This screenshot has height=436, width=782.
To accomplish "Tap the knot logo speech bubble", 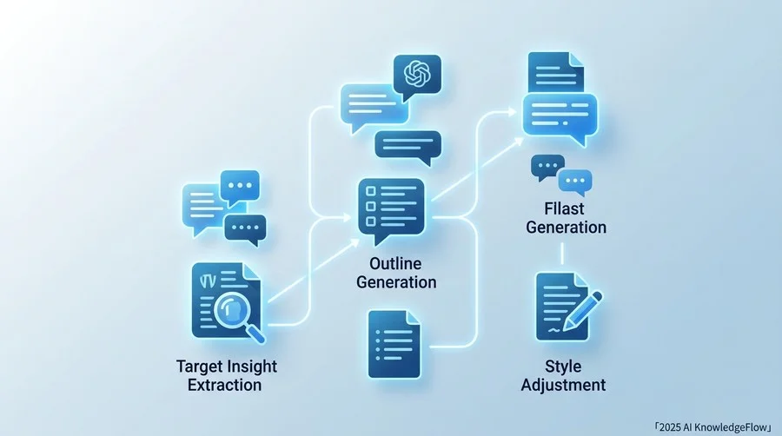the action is [417, 76].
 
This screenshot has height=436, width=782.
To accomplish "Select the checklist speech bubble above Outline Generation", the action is [392, 209].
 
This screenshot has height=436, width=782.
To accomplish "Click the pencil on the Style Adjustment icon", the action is [582, 311].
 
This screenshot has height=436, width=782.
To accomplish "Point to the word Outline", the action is [395, 263].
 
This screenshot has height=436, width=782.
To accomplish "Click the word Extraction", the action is [224, 385].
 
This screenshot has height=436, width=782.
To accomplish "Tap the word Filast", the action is [564, 208].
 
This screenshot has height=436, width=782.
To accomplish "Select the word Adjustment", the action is [564, 385].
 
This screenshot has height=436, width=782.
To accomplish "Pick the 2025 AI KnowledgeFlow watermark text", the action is [712, 427].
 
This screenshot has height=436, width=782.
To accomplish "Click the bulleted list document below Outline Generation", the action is [394, 344].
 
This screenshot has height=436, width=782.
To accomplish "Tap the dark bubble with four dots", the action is [245, 229].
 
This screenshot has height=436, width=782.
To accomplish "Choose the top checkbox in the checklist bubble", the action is [370, 191].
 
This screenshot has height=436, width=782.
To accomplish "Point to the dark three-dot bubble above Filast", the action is [547, 168].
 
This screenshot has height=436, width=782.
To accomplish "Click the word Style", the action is [563, 367].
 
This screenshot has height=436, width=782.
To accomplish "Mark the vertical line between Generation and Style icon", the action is [562, 254].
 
